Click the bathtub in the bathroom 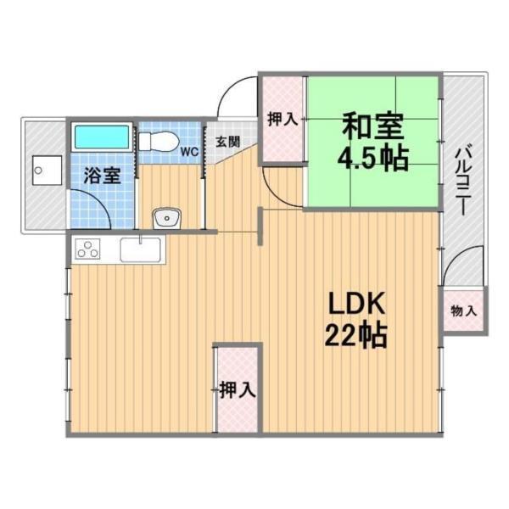[101, 138]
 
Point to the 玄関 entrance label [227, 142]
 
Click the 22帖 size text [355, 337]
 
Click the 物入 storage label [463, 311]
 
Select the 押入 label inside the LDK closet [237, 390]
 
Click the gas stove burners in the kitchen [88, 249]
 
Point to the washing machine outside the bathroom [43, 174]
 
